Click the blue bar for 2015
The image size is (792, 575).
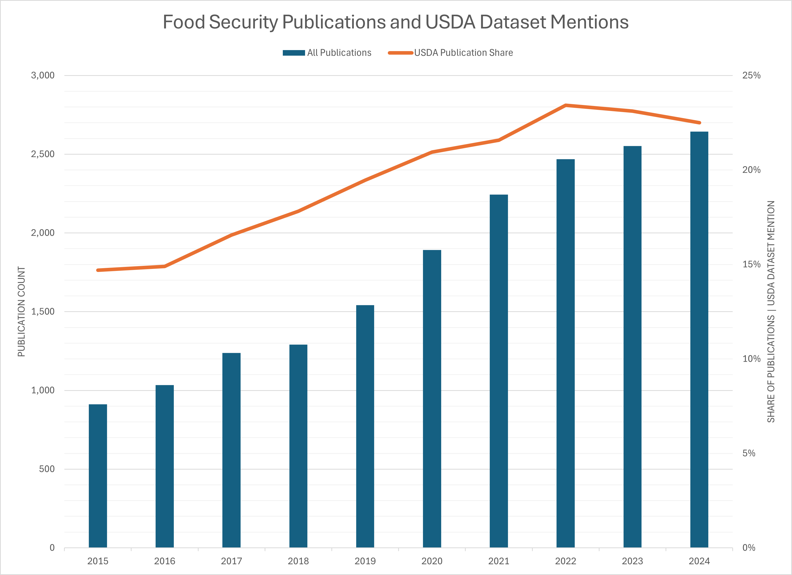[98, 475]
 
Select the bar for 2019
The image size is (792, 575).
[365, 426]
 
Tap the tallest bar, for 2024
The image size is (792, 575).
[699, 339]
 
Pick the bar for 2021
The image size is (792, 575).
[499, 370]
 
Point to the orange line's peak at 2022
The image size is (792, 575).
[565, 105]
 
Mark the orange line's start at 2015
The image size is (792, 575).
[98, 270]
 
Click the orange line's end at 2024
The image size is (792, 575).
[699, 123]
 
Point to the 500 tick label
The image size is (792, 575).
[47, 469]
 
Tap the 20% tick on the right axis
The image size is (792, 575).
[751, 170]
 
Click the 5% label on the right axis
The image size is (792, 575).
[749, 453]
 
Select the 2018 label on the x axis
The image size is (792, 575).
[298, 561]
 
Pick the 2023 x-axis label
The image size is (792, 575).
[632, 561]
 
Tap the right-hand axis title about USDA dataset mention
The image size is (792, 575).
[771, 312]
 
